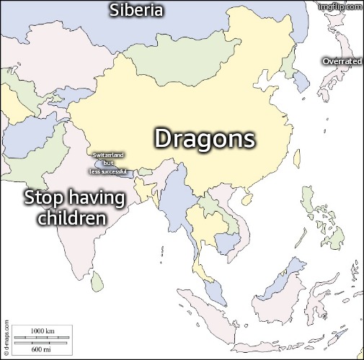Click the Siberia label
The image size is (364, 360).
pos(136,10)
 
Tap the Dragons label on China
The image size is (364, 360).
pos(205,138)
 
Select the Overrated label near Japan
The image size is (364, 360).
pos(342,61)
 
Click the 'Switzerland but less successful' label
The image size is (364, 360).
pos(108,163)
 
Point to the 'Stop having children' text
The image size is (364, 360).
pos(74,207)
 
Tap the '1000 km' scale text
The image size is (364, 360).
pos(42,330)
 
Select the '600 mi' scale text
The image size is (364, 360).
pos(41,348)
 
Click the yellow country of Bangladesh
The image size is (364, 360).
pos(148,186)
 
